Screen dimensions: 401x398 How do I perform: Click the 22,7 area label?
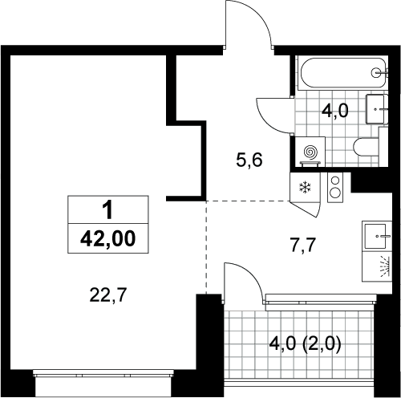point(107,295)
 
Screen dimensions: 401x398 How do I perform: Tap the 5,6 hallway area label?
point(249,160)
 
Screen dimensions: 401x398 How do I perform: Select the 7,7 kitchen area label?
point(303,246)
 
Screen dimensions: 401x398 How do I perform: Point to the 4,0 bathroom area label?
point(335,111)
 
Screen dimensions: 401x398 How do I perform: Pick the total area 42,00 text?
point(108,239)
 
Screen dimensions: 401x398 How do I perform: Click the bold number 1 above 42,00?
point(108,210)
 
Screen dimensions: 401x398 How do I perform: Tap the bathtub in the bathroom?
point(343,72)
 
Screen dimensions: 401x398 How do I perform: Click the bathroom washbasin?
point(377,109)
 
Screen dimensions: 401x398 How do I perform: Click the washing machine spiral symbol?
point(310,152)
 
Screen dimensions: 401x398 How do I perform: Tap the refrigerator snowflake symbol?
point(305,187)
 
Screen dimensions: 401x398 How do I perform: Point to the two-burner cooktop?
point(335,187)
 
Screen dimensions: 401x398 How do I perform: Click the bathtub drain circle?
point(376,72)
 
